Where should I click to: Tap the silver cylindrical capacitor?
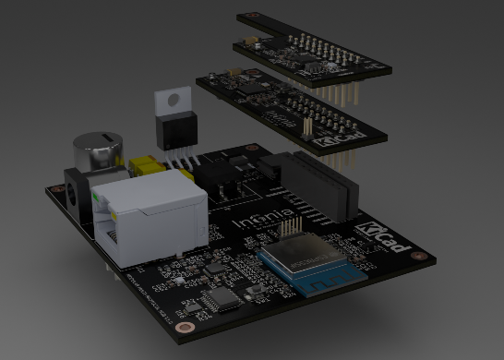(x=98, y=150)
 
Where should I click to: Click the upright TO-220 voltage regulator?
(x=174, y=124)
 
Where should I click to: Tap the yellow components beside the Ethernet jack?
(x=148, y=167)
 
